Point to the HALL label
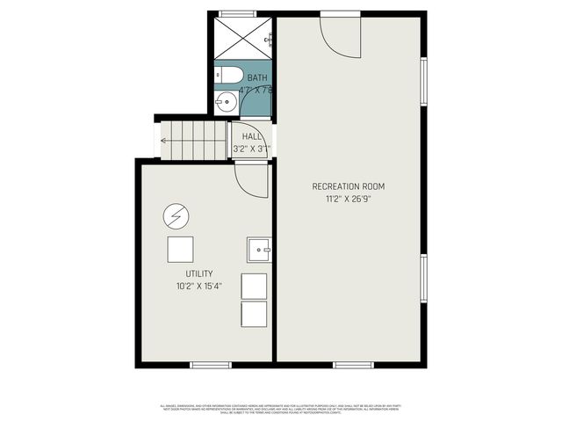251,136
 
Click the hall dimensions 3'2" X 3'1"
251,149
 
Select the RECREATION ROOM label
349,186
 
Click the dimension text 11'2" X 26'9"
349,199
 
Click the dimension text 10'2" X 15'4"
198,286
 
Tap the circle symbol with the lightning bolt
175,215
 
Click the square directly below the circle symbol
181,250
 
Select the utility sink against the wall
259,250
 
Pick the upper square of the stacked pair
254,286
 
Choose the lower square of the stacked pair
254,315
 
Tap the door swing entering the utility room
251,178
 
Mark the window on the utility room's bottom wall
210,364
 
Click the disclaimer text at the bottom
281,408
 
